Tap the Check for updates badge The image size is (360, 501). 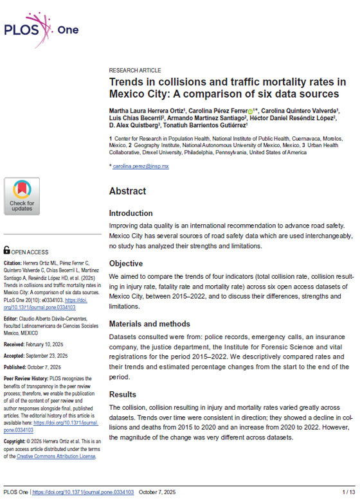pyautogui.click(x=22, y=196)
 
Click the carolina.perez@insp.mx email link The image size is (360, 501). pyautogui.click(x=140, y=166)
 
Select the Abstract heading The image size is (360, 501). pyautogui.click(x=128, y=191)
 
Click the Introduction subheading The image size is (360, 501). pyautogui.click(x=130, y=213)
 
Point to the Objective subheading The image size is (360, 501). pyautogui.click(x=127, y=263)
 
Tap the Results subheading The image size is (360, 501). pyautogui.click(x=123, y=394)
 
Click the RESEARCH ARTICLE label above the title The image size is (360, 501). pyautogui.click(x=135, y=71)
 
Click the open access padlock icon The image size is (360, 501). pyautogui.click(x=6, y=251)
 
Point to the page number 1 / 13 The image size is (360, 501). pyautogui.click(x=346, y=491)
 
